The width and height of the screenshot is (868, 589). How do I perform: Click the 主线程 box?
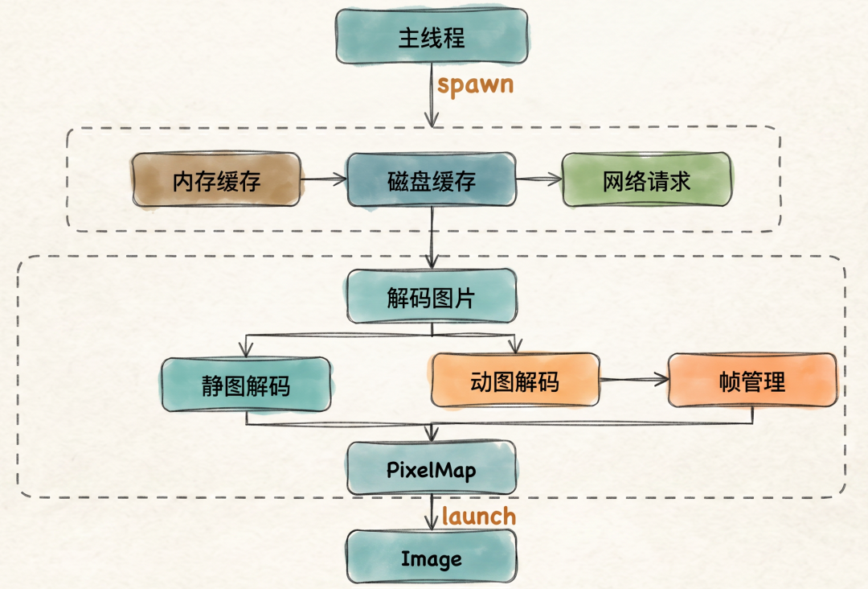[x=432, y=36]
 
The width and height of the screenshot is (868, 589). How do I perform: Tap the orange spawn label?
[x=476, y=84]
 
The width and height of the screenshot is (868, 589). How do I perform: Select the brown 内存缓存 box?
[x=216, y=180]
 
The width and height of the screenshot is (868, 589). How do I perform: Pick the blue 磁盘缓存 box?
[x=432, y=180]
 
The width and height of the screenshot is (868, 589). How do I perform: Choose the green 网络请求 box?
[x=646, y=180]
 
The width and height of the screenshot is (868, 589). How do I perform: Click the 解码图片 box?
[x=432, y=296]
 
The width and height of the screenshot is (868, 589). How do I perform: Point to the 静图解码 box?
[x=246, y=385]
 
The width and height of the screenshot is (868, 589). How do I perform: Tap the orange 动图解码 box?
[x=515, y=381]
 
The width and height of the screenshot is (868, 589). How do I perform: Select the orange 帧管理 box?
[x=752, y=381]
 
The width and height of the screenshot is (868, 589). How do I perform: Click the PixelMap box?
[x=432, y=469]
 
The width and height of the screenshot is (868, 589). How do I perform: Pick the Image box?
[x=432, y=557]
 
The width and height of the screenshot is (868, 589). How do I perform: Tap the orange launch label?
[x=479, y=517]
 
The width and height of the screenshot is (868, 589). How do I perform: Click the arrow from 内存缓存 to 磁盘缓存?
[x=324, y=179]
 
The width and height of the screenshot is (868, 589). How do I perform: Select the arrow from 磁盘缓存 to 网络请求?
[x=539, y=179]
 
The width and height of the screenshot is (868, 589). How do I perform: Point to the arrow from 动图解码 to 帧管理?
[x=634, y=380]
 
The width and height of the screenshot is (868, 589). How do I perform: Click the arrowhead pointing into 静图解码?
[x=246, y=350]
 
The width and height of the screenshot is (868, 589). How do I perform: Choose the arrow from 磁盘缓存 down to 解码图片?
[x=432, y=238]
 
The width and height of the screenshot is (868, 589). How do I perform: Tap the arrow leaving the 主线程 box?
[x=432, y=95]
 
